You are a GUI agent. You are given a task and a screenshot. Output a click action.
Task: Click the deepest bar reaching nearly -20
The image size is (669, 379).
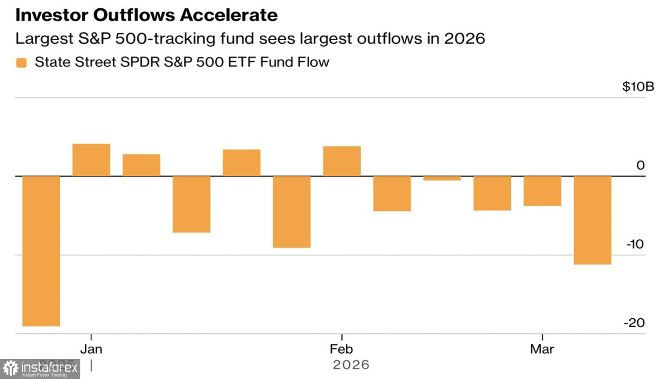[x=41, y=251]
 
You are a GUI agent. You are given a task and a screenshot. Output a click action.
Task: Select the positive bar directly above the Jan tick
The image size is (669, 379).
[x=91, y=160]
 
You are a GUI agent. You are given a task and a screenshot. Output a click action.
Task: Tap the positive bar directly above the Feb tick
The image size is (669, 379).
[x=342, y=161]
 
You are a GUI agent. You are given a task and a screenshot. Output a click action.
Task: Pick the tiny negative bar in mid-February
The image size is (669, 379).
[x=442, y=178]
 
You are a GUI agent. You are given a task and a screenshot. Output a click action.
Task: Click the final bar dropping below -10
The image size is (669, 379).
[x=593, y=220]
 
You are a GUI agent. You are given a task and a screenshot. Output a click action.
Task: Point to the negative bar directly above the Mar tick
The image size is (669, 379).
[x=542, y=191]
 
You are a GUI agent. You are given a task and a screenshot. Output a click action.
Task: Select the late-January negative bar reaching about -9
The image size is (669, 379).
[x=292, y=212]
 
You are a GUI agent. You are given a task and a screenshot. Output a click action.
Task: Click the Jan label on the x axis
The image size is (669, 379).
[x=91, y=349]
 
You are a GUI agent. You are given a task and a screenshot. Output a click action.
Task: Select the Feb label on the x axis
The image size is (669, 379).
[x=341, y=349]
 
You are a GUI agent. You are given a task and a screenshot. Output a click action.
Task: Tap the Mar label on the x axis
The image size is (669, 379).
[x=542, y=349]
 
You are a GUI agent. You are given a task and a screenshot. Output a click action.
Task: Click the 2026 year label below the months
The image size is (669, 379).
[x=351, y=365]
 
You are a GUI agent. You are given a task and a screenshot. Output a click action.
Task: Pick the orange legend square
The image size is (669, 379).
[x=21, y=62]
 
